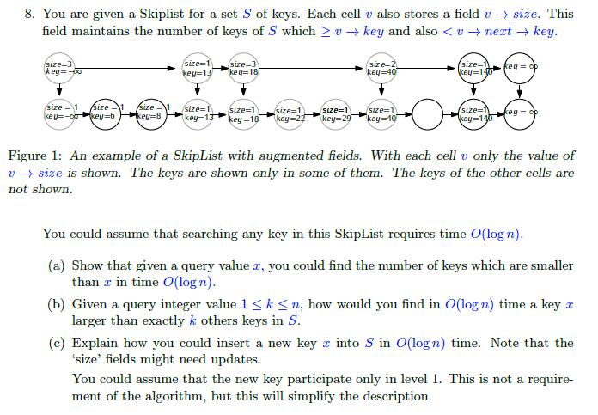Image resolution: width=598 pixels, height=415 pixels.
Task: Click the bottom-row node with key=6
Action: coord(104,113)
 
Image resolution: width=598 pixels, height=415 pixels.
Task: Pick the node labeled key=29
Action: coord(334,115)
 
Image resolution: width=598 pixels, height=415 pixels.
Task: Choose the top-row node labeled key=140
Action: coord(473,69)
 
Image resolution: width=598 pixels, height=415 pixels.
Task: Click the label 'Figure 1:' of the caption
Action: coord(34,156)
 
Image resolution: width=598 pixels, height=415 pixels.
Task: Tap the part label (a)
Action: coord(57,265)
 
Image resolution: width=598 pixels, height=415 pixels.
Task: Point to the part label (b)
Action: coord(57,303)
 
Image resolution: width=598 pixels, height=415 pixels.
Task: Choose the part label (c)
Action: coord(57,342)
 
